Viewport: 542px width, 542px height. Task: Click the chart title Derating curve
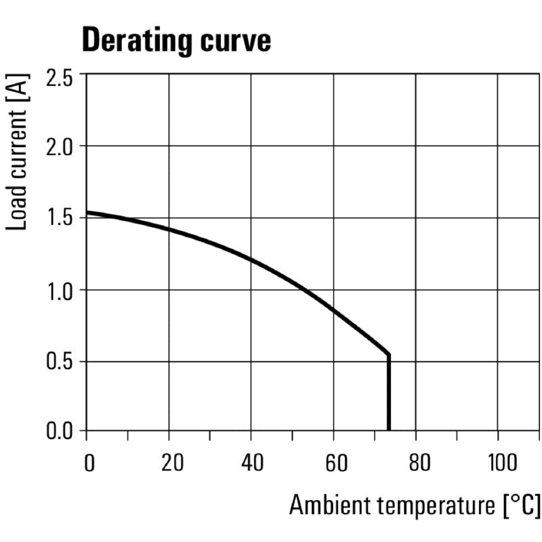click(176, 41)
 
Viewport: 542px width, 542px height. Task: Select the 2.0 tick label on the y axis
click(60, 147)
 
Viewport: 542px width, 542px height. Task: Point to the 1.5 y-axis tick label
click(60, 219)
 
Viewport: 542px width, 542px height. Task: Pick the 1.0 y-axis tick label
click(60, 291)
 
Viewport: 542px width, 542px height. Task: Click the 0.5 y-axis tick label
click(60, 362)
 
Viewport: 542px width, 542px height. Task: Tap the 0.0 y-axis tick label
click(60, 431)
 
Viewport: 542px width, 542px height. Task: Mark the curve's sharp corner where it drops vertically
click(389, 354)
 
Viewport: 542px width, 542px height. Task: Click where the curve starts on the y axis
click(87, 212)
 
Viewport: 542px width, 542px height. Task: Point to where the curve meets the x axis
click(389, 430)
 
